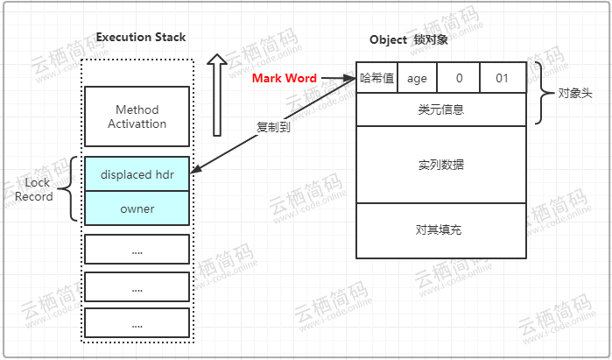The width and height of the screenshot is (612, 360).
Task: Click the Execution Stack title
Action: coord(140,37)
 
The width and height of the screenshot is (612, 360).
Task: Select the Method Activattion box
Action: coord(137,116)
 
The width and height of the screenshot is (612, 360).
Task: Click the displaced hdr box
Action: coord(137,174)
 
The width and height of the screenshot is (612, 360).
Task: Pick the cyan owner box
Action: coord(137,208)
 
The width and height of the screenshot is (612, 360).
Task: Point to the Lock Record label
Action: coord(34,189)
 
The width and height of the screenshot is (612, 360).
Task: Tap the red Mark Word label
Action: coord(284,79)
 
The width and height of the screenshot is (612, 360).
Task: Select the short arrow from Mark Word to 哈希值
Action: coord(338,79)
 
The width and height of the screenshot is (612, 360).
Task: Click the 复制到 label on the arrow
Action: coord(273,126)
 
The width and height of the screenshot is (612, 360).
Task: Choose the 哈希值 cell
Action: coord(376,78)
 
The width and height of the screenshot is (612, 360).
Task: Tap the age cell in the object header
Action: coord(417,78)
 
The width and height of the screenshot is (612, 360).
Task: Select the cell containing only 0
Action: coord(459,78)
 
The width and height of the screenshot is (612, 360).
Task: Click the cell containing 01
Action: coord(503,78)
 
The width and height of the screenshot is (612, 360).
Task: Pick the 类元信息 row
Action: coord(441,109)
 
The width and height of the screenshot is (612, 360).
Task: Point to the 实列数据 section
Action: coord(441,165)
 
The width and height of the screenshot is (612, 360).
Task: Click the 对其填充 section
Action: coord(441,230)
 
